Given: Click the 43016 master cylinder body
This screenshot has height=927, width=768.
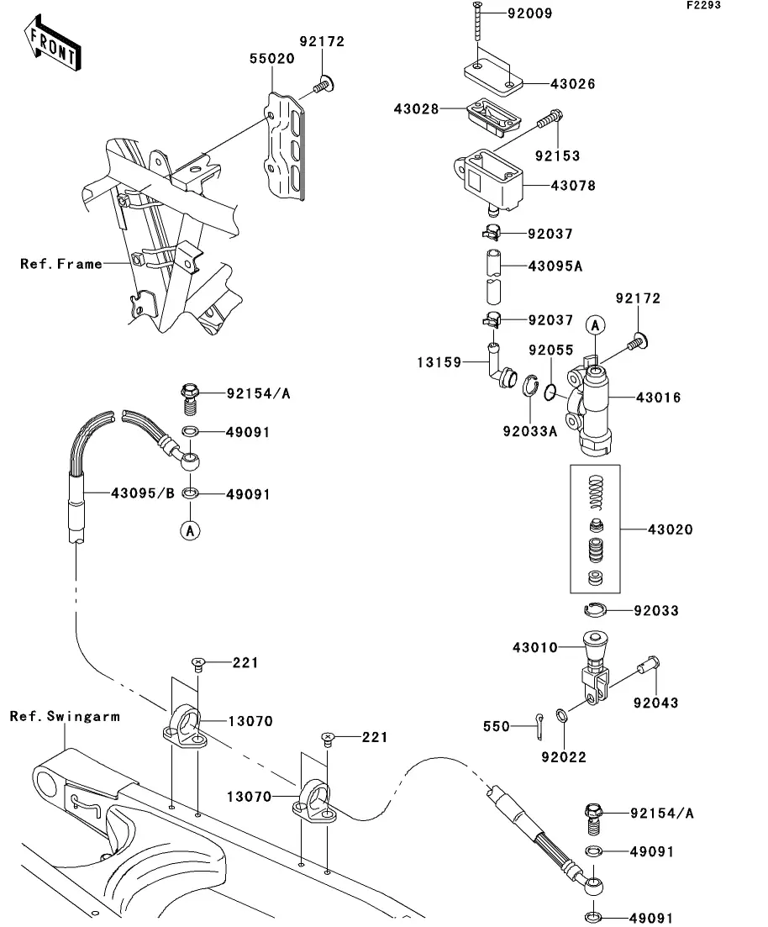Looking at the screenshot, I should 596,400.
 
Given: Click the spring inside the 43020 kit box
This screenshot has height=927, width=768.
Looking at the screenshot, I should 595,492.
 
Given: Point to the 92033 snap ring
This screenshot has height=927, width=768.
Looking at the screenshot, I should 596,610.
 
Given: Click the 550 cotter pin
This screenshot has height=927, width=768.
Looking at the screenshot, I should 538,724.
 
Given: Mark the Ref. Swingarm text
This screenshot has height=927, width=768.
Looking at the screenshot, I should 65,717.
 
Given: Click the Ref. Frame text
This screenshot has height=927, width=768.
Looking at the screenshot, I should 61,264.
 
